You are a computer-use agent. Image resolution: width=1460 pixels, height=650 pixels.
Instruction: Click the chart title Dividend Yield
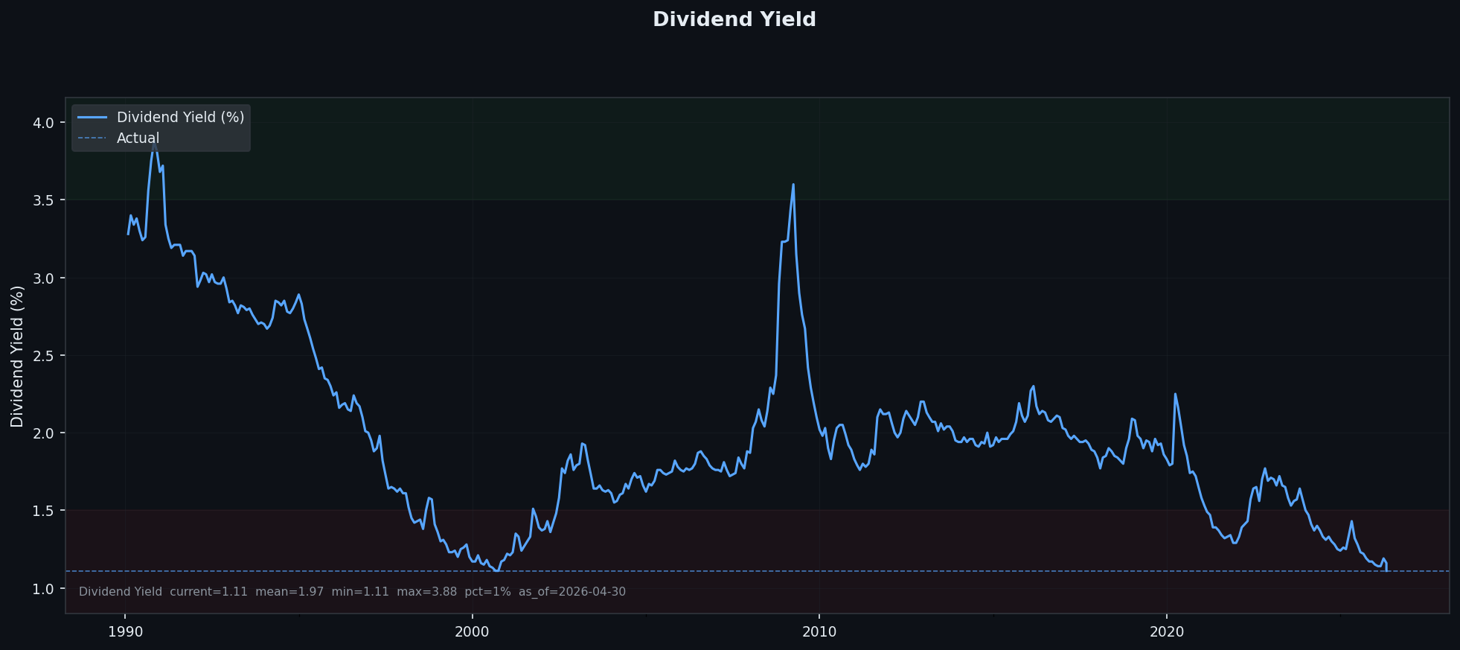click(734, 20)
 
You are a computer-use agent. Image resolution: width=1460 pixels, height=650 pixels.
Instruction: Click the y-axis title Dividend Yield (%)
click(17, 356)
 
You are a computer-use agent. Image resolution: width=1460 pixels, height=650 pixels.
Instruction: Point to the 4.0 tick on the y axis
click(44, 123)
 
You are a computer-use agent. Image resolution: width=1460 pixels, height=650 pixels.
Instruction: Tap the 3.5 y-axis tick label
click(44, 200)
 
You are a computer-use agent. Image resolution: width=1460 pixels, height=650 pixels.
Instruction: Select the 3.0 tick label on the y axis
click(44, 278)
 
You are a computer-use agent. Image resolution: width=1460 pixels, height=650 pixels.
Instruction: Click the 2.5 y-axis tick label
click(44, 356)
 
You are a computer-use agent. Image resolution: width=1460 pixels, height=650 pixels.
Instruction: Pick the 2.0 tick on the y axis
click(44, 433)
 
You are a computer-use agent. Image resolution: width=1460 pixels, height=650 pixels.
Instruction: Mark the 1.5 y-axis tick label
click(44, 511)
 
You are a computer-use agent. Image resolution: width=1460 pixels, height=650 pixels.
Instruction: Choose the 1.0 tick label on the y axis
click(44, 589)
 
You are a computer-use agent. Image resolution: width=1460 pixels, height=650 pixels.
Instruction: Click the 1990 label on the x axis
click(125, 632)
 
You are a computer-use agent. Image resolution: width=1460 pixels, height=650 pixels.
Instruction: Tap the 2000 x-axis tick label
click(472, 632)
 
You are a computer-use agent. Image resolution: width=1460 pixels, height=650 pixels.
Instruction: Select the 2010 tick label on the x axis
click(819, 632)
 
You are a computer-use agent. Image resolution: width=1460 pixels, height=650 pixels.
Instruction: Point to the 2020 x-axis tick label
click(1166, 632)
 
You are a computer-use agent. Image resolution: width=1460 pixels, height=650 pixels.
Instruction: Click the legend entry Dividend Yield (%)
click(180, 118)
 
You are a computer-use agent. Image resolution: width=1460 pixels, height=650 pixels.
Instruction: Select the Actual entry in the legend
click(138, 138)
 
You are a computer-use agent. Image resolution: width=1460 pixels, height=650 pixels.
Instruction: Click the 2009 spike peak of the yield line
click(793, 184)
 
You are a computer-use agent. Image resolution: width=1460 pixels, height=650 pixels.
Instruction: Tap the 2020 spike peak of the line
click(1175, 394)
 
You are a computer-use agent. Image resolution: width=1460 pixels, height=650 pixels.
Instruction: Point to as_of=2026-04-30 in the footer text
click(572, 592)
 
